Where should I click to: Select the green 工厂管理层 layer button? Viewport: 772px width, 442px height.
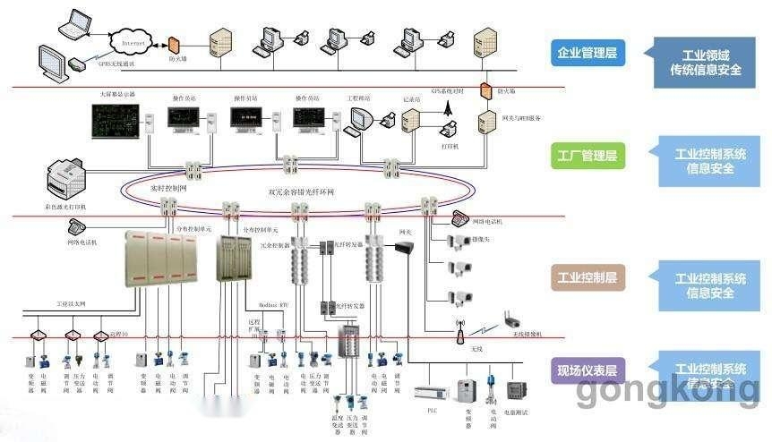point(586,156)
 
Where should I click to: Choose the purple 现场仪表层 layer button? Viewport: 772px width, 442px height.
point(586,370)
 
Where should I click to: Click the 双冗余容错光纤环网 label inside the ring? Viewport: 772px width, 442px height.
point(300,192)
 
